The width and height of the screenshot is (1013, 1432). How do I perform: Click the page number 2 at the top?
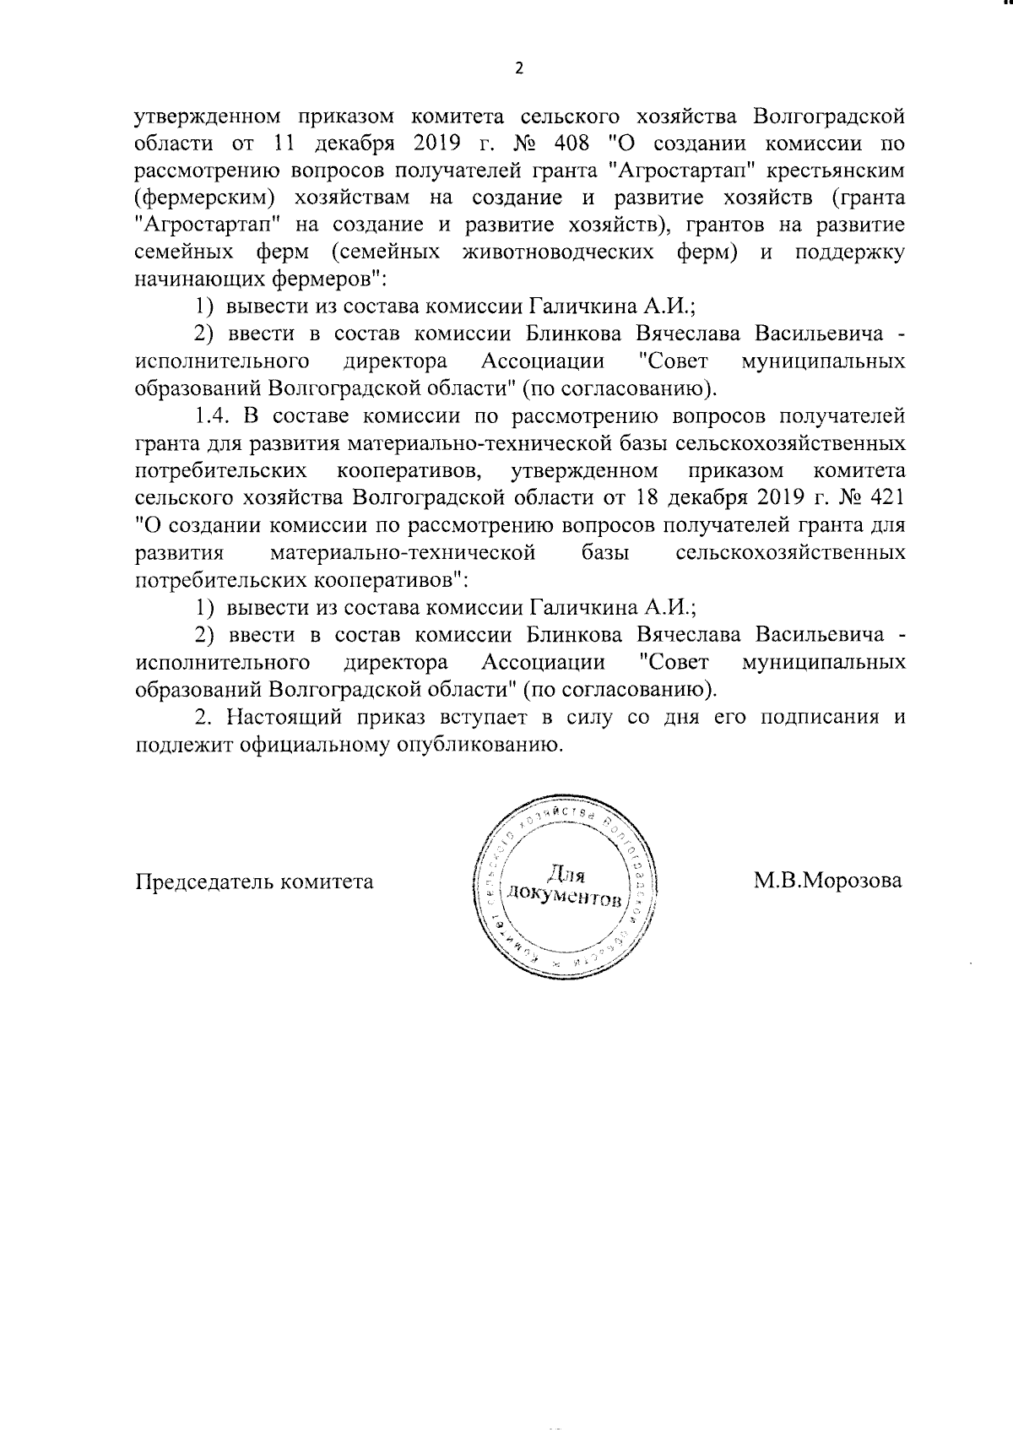(x=519, y=68)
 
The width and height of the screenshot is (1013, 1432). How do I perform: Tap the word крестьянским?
(x=836, y=170)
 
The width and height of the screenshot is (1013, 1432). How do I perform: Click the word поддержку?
(x=850, y=252)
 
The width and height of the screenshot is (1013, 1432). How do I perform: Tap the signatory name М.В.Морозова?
(x=827, y=881)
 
